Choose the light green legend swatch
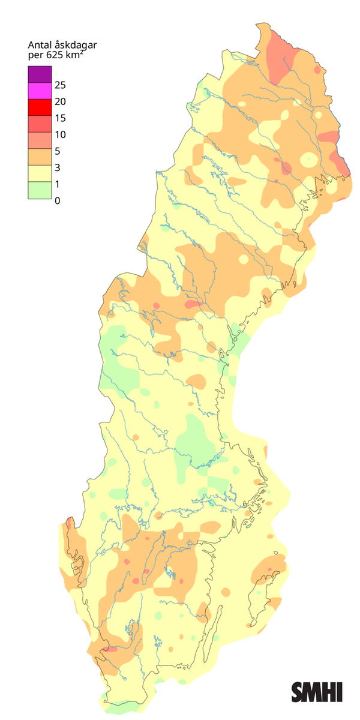click(39, 190)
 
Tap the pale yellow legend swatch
click(39, 173)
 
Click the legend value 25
click(60, 85)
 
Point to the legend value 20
click(60, 101)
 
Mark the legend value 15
click(60, 118)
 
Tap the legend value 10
click(60, 134)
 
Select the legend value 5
click(57, 151)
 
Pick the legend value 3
click(57, 167)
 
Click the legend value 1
click(57, 184)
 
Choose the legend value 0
click(57, 201)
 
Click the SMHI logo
click(317, 692)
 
